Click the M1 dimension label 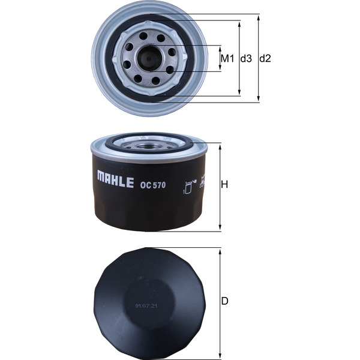pos(227,59)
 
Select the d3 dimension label pos(246,59)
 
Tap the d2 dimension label pos(265,59)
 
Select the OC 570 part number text pos(152,185)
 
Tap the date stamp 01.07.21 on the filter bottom pos(146,306)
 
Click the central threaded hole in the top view pos(148,58)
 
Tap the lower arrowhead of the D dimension pos(220,352)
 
